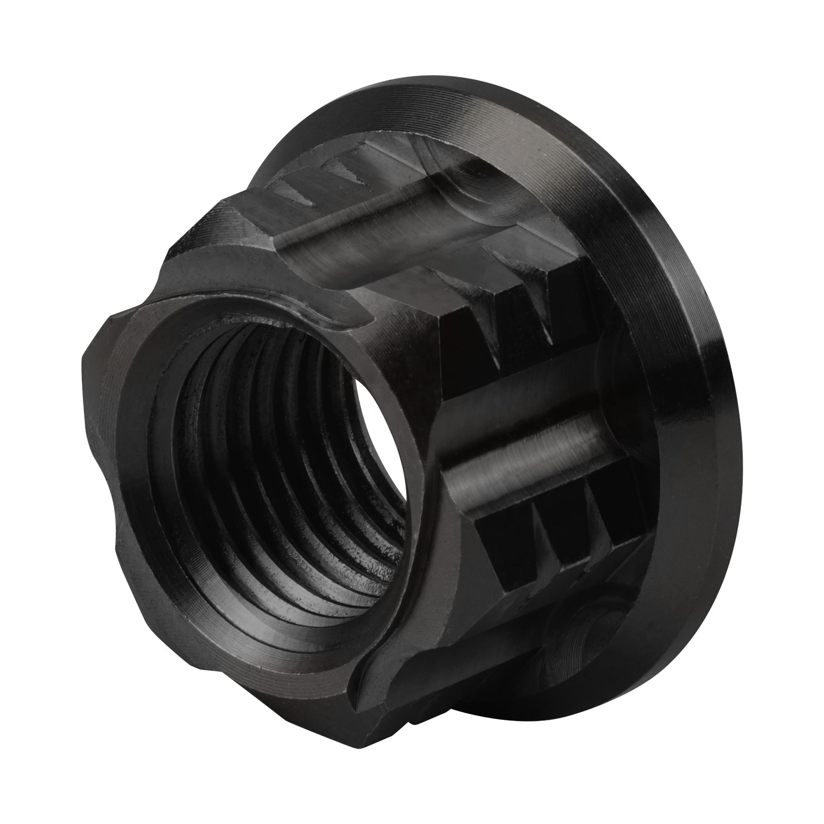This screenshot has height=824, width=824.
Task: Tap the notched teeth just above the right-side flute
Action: click(x=520, y=330)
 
